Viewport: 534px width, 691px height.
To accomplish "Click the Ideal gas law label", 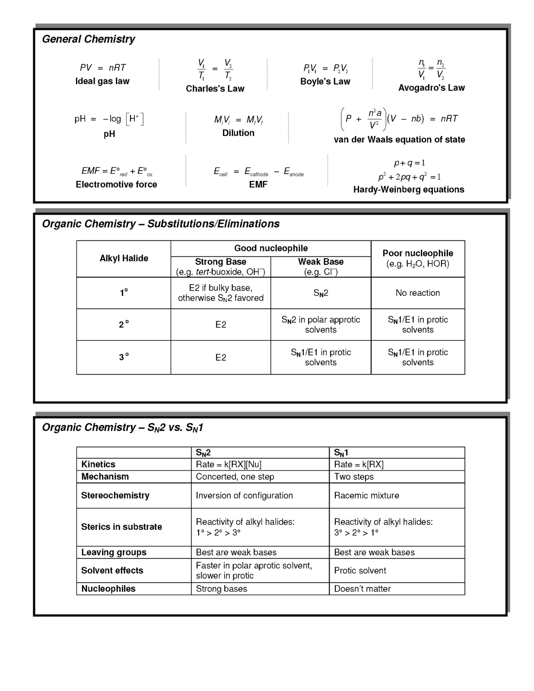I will click(x=102, y=81).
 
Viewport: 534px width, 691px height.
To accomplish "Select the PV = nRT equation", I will click(x=103, y=68).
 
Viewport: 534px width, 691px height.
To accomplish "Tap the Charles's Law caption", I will click(x=215, y=89).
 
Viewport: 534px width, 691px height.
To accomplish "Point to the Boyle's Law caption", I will click(x=325, y=82).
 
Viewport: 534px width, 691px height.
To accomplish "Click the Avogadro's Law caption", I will click(x=431, y=88).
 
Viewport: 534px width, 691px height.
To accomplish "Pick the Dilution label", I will click(x=238, y=133).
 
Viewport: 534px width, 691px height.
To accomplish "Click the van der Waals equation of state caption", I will click(x=399, y=139).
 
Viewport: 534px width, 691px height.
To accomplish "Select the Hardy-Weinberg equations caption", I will click(x=408, y=190).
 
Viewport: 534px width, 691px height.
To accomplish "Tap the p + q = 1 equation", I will click(x=409, y=163).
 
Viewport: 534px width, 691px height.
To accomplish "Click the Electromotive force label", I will click(x=116, y=184).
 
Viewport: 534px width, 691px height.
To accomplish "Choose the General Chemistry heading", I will click(x=89, y=39).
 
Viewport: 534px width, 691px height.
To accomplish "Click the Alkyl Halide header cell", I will click(x=124, y=258).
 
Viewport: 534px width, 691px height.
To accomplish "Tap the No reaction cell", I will click(x=417, y=293).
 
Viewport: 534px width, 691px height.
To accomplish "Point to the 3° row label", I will click(x=124, y=357).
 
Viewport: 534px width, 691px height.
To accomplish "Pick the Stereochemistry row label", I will click(x=115, y=495).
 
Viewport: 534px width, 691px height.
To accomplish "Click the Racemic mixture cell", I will click(x=366, y=495).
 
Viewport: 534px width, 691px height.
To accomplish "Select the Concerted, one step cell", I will click(x=235, y=477).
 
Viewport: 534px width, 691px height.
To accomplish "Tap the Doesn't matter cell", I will click(x=362, y=589).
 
